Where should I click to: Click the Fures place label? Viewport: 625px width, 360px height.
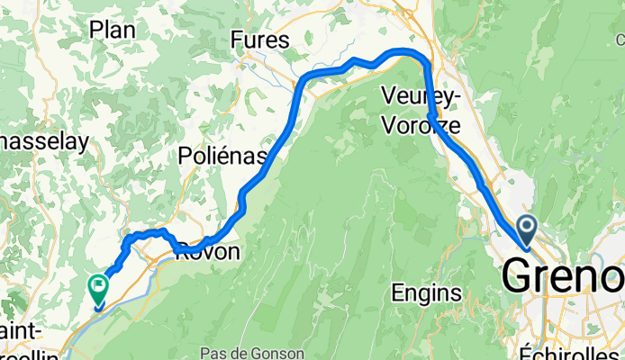pyautogui.click(x=259, y=40)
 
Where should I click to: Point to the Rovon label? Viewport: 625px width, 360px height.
pyautogui.click(x=213, y=253)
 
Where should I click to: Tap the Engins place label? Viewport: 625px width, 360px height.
pyautogui.click(x=427, y=292)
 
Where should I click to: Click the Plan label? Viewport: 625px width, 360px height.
pyautogui.click(x=113, y=30)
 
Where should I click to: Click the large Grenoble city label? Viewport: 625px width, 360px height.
pyautogui.click(x=563, y=275)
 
